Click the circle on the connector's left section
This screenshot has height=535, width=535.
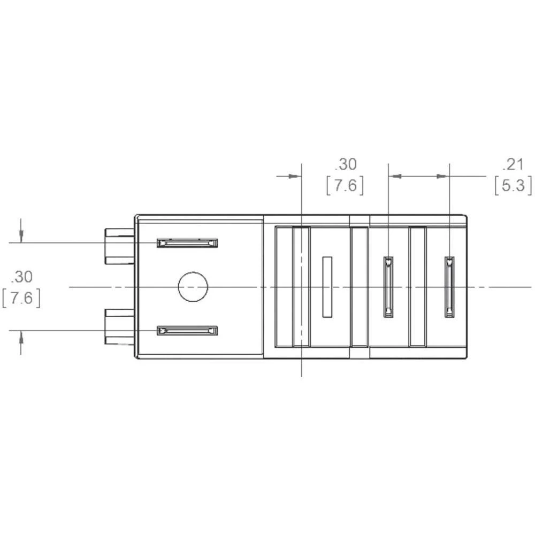[x=193, y=287]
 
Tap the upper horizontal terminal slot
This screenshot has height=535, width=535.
[x=187, y=243]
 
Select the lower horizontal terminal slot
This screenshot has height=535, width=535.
[x=187, y=331]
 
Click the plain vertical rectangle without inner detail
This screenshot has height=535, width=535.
[x=327, y=287]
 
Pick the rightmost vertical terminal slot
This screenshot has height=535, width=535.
[x=449, y=287]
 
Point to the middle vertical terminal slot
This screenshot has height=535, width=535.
[x=388, y=287]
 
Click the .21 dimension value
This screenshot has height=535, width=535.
[x=512, y=164]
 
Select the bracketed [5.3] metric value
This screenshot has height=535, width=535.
[x=513, y=185]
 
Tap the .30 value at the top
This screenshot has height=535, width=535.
[x=345, y=164]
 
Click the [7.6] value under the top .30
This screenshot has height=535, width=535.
[x=345, y=185]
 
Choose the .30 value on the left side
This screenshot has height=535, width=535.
[x=21, y=277]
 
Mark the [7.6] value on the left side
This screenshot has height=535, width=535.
[x=21, y=297]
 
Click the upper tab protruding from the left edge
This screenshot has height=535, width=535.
[x=119, y=247]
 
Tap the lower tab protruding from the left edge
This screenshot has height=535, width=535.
[x=119, y=326]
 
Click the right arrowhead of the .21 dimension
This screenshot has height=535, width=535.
[x=442, y=175]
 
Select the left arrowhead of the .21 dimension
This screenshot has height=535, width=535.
[x=395, y=175]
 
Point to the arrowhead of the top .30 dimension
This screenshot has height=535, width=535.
[x=294, y=175]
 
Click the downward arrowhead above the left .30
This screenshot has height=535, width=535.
[x=21, y=236]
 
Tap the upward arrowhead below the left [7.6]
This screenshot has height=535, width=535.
[x=21, y=337]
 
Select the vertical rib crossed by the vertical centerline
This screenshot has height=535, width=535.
[x=301, y=287]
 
